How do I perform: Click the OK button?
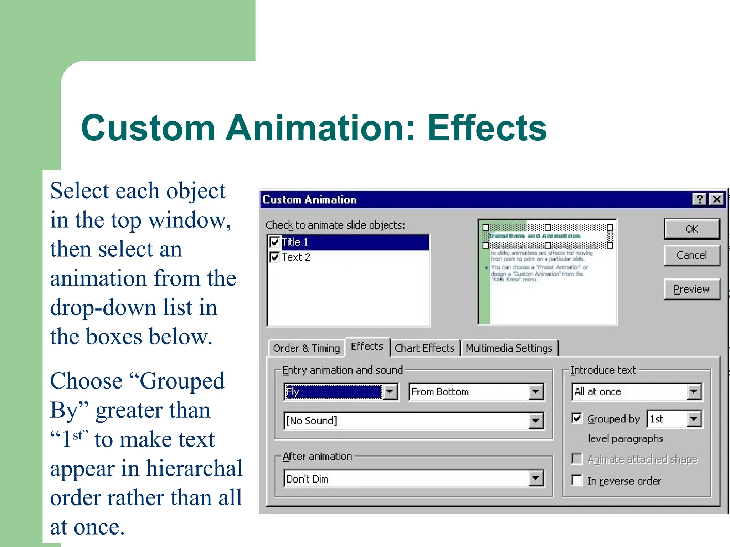pos(692,229)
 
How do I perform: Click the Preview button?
pos(692,289)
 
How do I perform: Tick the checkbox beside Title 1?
pos(274,242)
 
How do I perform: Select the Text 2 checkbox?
pos(274,257)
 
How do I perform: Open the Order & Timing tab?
pos(306,348)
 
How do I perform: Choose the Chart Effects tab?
pos(424,348)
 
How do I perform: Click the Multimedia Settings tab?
pos(509,348)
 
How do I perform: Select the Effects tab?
pos(367,347)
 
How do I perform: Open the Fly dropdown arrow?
pos(390,392)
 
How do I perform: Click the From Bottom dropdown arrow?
pos(536,392)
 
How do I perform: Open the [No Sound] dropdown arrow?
pos(536,421)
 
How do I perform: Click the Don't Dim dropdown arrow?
pos(536,479)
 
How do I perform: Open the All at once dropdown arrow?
pos(694,392)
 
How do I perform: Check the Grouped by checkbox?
pos(577,418)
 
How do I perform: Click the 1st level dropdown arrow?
pos(694,419)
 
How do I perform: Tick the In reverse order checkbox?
pos(577,480)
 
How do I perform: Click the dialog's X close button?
pos(717,199)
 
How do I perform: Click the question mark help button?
pos(700,199)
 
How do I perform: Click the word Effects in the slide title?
pos(487,128)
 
